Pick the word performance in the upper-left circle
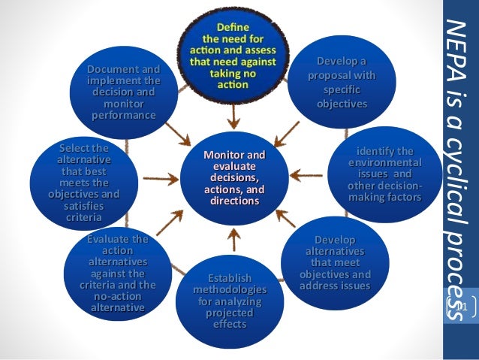tap(124, 115)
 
